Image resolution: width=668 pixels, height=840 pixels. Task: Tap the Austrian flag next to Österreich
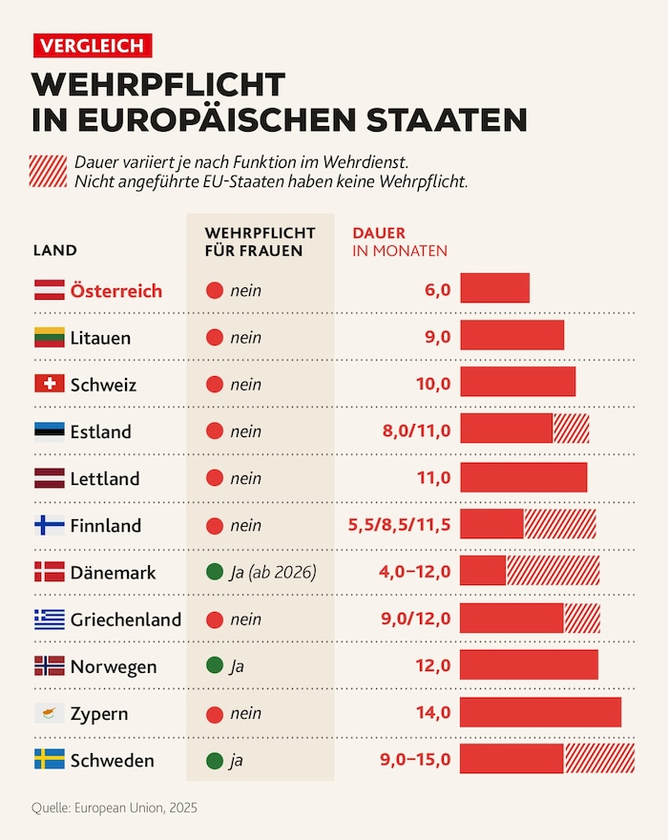tap(50, 290)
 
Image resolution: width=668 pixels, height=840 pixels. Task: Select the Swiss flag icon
tap(50, 384)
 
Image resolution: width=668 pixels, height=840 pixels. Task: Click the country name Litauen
tap(100, 338)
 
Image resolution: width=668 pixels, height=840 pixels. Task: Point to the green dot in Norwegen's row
tap(215, 666)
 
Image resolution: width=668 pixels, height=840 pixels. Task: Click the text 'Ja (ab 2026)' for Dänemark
tap(273, 573)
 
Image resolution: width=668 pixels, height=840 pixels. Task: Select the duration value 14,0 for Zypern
tap(431, 713)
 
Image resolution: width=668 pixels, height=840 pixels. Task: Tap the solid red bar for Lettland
tap(523, 478)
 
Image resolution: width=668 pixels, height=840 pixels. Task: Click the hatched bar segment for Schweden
tap(598, 760)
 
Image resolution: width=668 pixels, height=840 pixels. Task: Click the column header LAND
tap(54, 251)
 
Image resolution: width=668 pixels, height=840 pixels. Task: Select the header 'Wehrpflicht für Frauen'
tap(260, 241)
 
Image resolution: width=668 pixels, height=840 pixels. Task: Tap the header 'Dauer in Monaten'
tap(400, 241)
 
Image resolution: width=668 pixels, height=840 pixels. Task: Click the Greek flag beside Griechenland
tap(50, 619)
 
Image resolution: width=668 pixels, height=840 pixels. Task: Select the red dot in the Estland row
tap(215, 431)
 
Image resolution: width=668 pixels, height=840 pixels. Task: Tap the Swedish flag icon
tap(50, 760)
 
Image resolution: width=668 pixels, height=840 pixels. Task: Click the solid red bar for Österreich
tap(494, 288)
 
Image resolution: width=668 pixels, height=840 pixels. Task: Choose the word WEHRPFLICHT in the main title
tap(158, 84)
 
